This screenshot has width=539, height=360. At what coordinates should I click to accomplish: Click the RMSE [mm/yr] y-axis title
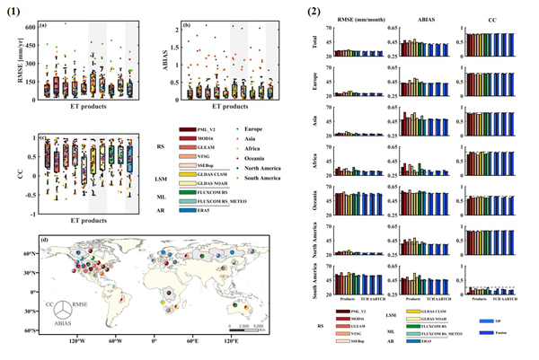click(x=13, y=60)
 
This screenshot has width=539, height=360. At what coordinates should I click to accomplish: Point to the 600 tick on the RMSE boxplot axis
click(x=30, y=28)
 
